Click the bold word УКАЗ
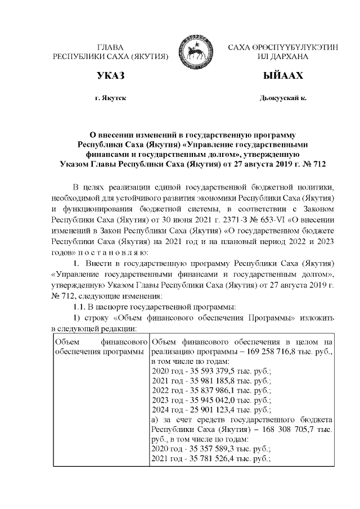click(110, 76)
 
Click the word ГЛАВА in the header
click(110, 47)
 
